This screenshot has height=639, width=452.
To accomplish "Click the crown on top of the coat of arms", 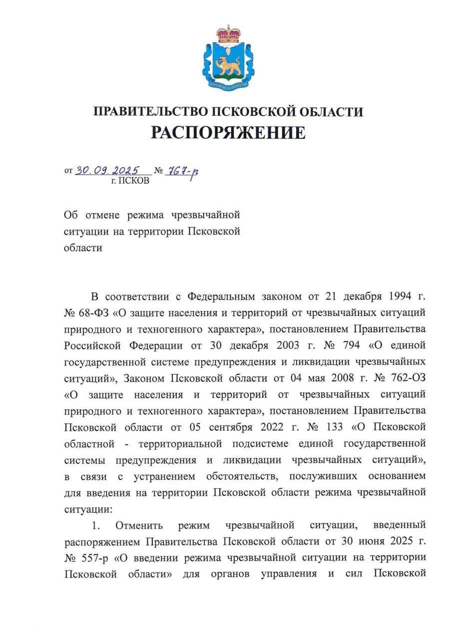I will pyautogui.click(x=228, y=33).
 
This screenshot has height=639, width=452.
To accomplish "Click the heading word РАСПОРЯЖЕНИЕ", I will pyautogui.click(x=228, y=132).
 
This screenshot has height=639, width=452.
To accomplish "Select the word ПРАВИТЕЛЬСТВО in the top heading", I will pyautogui.click(x=150, y=111).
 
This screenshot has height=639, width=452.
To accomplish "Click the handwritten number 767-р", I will pyautogui.click(x=182, y=171).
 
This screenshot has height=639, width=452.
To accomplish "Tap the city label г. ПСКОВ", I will pyautogui.click(x=130, y=181).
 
